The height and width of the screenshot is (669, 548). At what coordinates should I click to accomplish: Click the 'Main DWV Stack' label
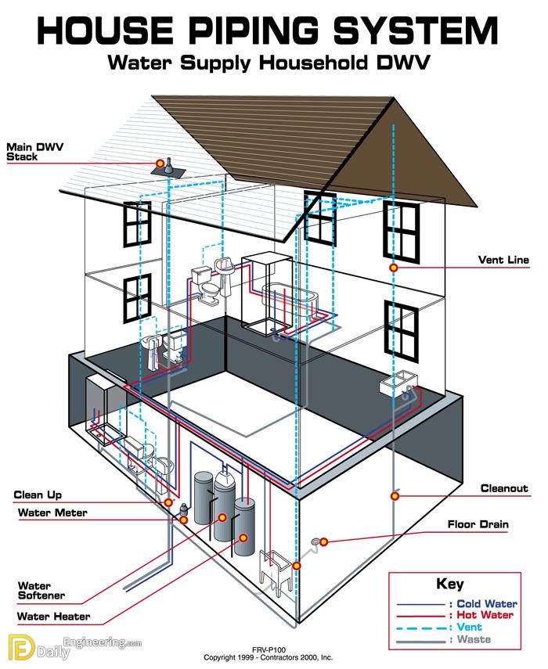34,152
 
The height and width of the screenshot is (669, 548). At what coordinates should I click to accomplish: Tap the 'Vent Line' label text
503,260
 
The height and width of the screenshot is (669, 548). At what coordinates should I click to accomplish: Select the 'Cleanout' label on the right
504,488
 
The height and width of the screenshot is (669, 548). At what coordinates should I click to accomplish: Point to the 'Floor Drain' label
478,524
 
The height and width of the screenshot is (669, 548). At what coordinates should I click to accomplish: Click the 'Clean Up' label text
38,495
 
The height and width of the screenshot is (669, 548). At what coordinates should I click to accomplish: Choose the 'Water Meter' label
52,513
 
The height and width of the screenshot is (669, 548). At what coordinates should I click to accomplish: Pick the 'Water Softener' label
41,591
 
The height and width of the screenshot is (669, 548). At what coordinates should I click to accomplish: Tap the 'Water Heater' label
54,617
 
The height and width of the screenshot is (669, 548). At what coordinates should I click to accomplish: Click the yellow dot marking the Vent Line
394,268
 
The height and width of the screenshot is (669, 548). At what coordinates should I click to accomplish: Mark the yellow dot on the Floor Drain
324,542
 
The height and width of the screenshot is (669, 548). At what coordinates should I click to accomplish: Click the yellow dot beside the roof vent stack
160,163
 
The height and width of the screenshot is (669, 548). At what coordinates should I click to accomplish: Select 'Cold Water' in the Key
487,604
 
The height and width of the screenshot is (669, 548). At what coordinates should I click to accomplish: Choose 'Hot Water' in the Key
485,615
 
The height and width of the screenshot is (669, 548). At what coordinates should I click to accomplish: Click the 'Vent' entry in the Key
469,628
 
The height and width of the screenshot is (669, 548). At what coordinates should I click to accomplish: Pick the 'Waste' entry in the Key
474,639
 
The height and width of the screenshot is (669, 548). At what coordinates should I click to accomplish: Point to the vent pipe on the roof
169,166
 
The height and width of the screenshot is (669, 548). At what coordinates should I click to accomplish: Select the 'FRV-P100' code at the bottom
269,649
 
